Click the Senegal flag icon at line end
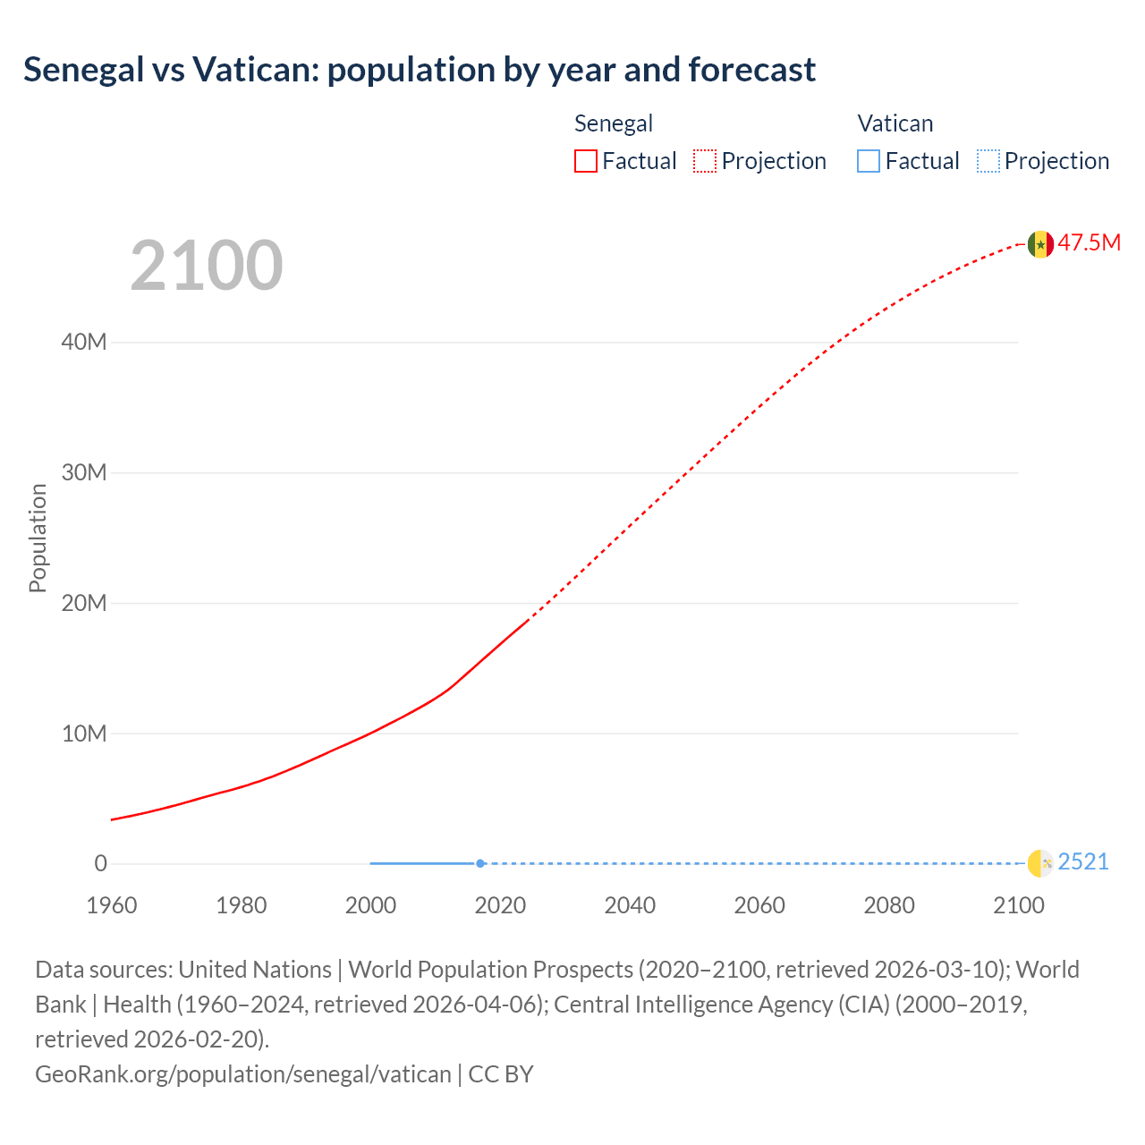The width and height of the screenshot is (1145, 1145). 1040,243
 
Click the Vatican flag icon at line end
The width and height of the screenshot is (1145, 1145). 1040,863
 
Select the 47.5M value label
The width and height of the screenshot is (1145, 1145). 1090,242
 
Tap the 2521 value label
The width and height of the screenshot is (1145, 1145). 1083,861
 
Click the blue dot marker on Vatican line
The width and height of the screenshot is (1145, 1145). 480,863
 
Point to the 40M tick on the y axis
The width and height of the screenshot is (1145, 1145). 84,342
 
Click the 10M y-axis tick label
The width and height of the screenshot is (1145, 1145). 84,734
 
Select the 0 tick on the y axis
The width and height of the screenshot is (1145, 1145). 100,863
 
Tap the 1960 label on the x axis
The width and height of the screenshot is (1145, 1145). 112,905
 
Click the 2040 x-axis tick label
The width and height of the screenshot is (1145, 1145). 630,905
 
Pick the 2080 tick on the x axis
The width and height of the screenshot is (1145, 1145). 889,905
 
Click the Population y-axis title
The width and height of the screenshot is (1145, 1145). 38,538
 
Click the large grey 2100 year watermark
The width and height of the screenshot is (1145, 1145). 207,266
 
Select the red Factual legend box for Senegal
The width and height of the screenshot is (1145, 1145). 586,161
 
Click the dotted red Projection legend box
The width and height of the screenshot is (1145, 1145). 705,161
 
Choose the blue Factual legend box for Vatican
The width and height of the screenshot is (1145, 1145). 869,161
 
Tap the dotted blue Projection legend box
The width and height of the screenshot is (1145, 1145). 988,161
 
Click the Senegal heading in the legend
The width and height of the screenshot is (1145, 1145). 614,123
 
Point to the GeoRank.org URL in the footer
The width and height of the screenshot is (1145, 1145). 243,1073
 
